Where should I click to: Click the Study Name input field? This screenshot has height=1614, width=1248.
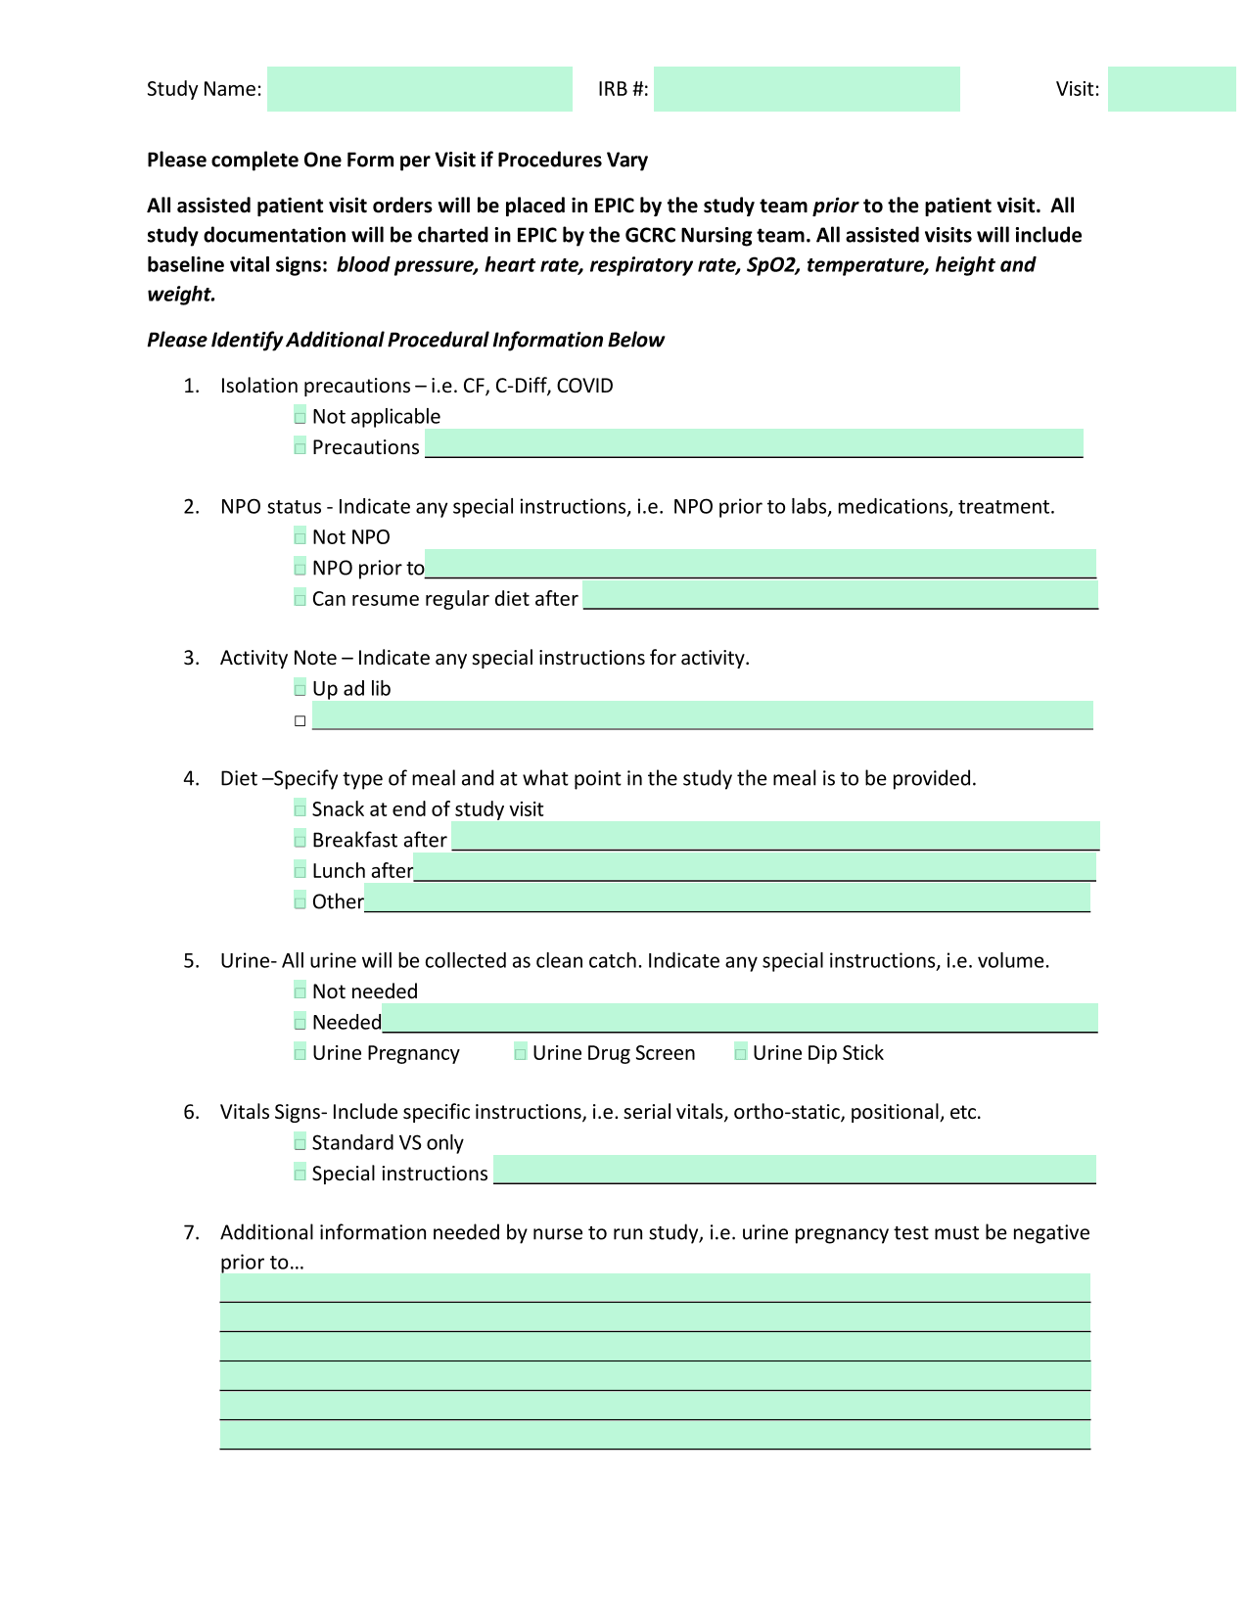pos(419,89)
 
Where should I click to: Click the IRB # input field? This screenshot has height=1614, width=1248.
pos(807,89)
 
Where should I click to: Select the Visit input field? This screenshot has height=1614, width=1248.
pos(1172,89)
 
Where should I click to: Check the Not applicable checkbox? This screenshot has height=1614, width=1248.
pos(300,417)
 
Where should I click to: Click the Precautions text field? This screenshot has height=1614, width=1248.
pos(754,443)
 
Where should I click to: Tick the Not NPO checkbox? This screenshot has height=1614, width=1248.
pos(300,537)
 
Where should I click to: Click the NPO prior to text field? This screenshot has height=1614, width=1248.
pos(761,564)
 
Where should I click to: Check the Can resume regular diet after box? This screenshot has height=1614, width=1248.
pos(300,598)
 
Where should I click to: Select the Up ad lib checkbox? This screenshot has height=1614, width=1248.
pos(300,689)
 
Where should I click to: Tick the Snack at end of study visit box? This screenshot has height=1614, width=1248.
pos(300,809)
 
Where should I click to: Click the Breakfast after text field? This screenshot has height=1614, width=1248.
pos(775,836)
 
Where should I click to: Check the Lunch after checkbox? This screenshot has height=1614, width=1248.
pos(300,870)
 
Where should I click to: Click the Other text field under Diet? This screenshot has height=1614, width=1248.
pos(727,898)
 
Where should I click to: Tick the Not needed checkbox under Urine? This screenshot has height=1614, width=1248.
pos(300,991)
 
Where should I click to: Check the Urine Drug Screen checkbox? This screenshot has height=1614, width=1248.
pos(521,1053)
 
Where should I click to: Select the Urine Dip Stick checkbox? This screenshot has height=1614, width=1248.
pos(741,1053)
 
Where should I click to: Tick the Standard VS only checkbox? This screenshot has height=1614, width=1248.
pos(300,1143)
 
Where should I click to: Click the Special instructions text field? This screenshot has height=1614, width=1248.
pos(794,1170)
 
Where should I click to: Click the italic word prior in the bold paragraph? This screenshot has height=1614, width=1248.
pos(835,206)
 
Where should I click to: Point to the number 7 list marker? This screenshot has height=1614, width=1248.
pos(191,1232)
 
